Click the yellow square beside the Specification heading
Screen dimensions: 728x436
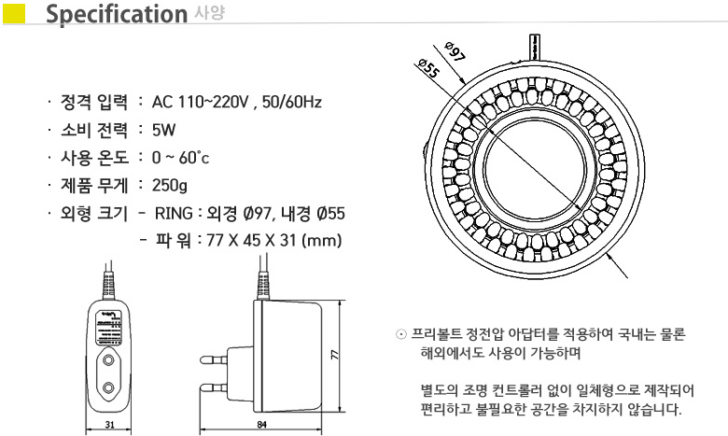14,14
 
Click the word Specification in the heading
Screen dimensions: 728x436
117,14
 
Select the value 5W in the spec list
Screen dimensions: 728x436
164,130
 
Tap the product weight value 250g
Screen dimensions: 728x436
170,185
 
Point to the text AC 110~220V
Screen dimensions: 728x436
201,102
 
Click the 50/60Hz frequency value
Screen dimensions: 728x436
291,102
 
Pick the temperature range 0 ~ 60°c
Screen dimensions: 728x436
181,158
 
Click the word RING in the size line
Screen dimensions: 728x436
174,213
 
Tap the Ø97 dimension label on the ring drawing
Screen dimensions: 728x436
455,51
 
